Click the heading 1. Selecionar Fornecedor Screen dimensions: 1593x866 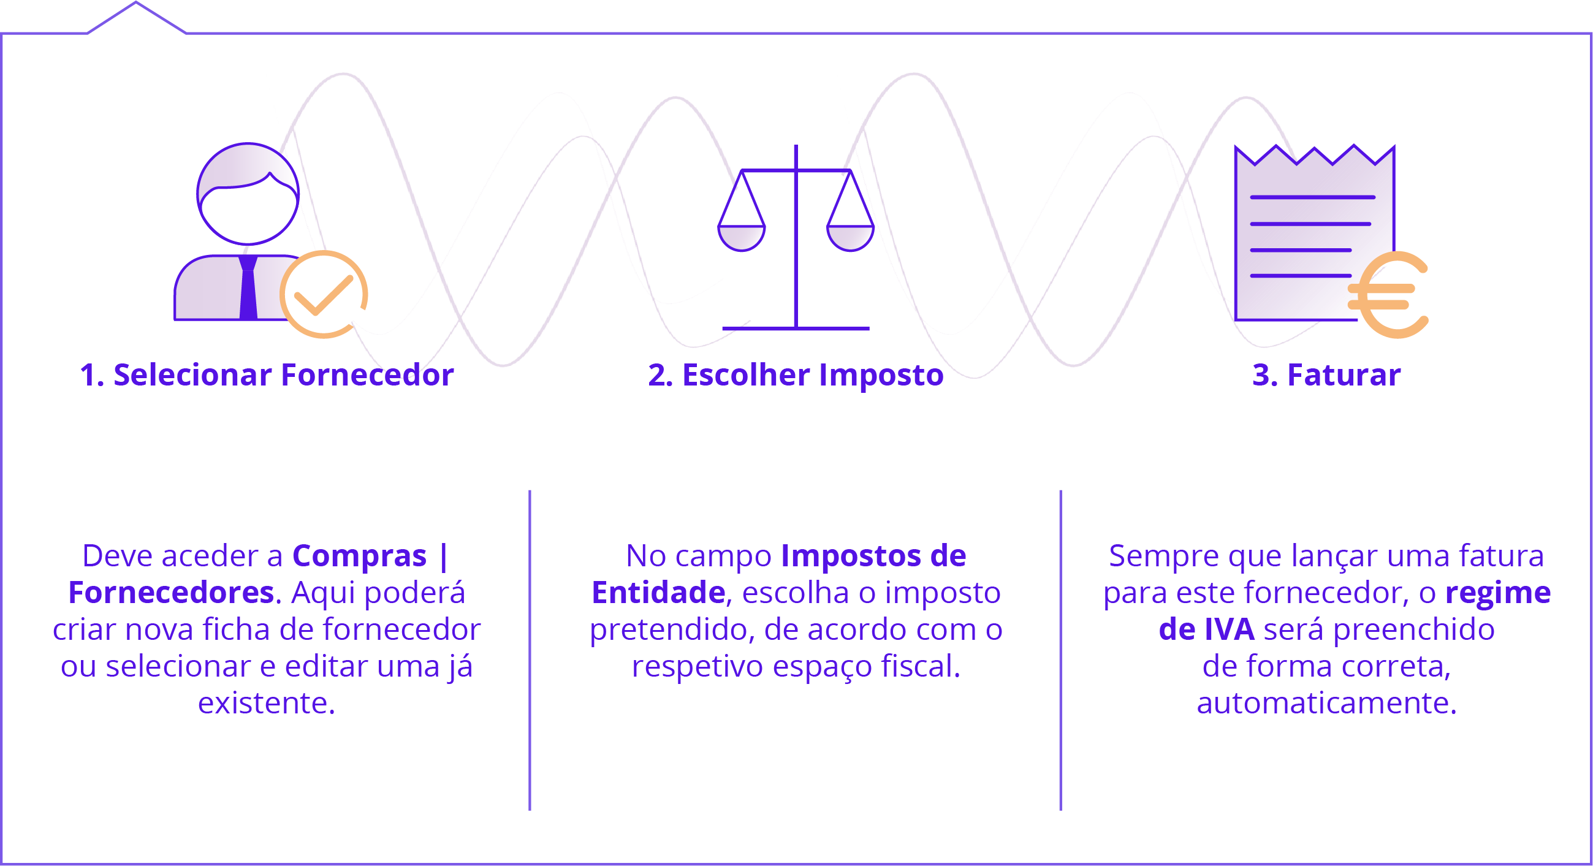tap(267, 375)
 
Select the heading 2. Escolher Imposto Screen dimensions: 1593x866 tap(796, 376)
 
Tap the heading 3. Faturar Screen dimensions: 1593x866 tap(1326, 375)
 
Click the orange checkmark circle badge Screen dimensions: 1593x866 tap(324, 294)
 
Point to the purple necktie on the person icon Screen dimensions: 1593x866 tap(248, 287)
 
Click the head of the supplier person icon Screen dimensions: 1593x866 tap(248, 194)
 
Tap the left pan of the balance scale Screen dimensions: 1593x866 tap(742, 238)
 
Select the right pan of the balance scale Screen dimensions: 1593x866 tap(850, 238)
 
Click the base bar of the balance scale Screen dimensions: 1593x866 tap(796, 329)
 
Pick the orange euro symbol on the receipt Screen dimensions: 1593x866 tap(1389, 295)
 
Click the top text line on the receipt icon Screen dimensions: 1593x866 tap(1312, 197)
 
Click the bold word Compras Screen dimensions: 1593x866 tap(359, 555)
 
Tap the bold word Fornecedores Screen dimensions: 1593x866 tap(170, 593)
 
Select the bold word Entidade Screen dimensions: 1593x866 tap(658, 593)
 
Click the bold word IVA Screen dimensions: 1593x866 tap(1229, 629)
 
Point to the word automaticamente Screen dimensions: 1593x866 tap(1326, 704)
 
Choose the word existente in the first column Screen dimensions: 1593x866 tap(267, 704)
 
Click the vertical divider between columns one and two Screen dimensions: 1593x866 tap(530, 650)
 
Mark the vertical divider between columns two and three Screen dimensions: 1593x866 tap(1060, 650)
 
